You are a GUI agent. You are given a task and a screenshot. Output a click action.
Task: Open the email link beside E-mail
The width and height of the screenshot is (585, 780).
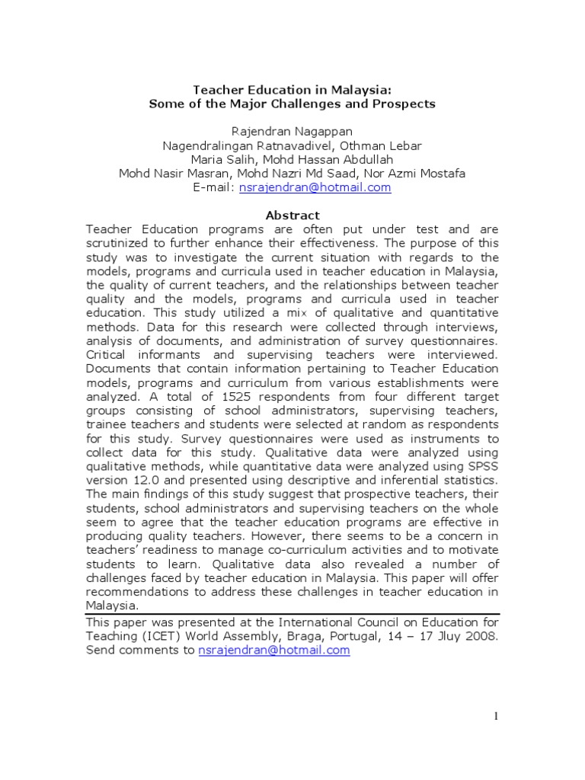click(x=315, y=187)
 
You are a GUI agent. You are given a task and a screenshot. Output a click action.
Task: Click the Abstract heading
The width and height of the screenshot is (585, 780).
click(x=292, y=216)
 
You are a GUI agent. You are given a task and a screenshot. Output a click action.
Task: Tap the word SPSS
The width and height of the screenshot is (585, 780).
click(x=480, y=467)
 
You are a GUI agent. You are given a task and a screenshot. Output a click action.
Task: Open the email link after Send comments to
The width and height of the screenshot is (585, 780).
click(x=273, y=651)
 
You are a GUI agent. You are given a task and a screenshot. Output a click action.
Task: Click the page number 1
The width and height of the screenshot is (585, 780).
click(x=496, y=715)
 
